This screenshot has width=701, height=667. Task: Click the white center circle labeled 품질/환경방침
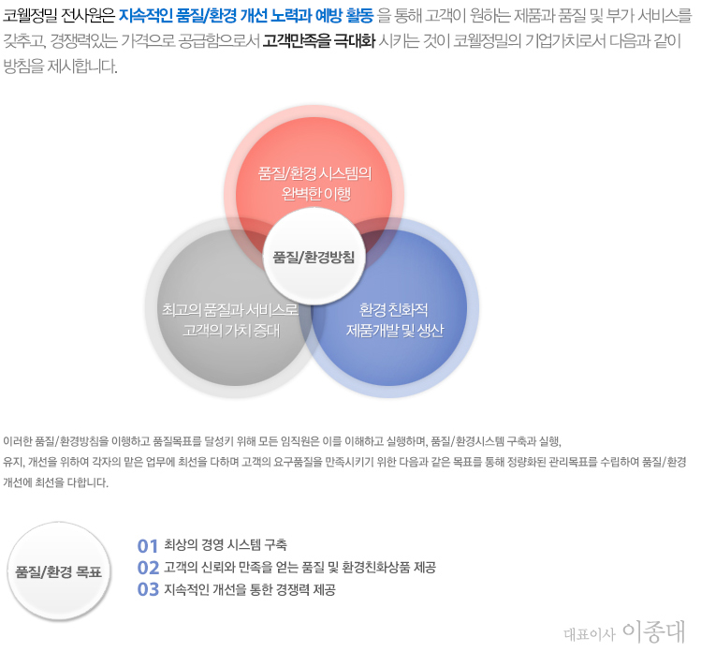(x=314, y=257)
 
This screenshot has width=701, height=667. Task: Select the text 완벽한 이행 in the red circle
(x=316, y=194)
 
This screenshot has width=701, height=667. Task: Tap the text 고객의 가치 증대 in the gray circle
(x=231, y=331)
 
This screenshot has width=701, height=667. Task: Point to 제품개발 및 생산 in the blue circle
(x=395, y=331)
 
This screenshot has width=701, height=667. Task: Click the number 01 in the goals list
(x=148, y=546)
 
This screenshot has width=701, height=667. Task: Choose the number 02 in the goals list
(x=148, y=568)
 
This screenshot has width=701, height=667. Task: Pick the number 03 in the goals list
(x=148, y=589)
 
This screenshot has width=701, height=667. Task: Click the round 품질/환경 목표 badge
(x=59, y=571)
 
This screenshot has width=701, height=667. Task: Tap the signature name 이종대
(x=653, y=631)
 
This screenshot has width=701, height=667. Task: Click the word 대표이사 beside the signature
(x=590, y=634)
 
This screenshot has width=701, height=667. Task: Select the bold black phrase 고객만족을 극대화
(x=319, y=41)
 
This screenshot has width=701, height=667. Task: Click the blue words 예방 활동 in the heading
(x=344, y=16)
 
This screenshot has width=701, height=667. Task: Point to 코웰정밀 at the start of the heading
(x=30, y=16)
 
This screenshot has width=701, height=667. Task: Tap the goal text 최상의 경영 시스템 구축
(x=226, y=544)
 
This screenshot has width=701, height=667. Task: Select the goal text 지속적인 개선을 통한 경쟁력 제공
(x=250, y=589)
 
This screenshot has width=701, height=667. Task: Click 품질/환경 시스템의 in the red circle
(x=315, y=173)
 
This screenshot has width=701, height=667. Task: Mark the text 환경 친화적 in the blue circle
(x=394, y=309)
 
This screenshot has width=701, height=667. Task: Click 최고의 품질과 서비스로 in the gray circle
(x=230, y=309)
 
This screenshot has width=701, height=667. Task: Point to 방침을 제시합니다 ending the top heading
(x=60, y=67)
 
